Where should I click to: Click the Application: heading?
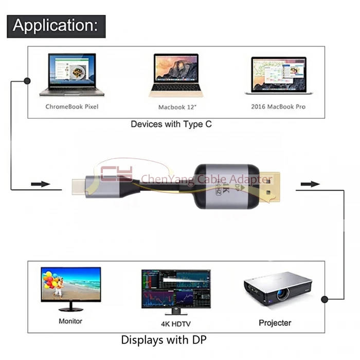[56, 25]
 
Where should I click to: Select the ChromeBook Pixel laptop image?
[71, 76]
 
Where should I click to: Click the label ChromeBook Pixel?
[71, 107]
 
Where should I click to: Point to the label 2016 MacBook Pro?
[278, 107]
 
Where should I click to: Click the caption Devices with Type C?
[171, 124]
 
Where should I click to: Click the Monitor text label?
[70, 321]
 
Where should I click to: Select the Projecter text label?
[275, 323]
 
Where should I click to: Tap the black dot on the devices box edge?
[27, 81]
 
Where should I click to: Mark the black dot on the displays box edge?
[325, 298]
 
